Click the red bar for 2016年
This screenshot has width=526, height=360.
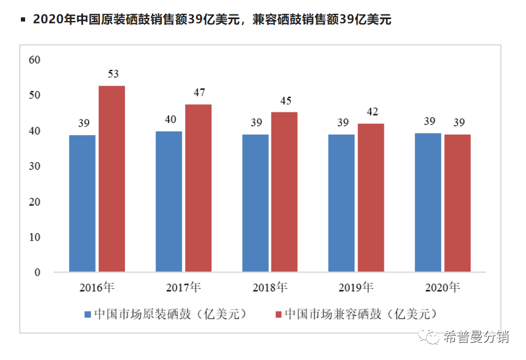click(x=112, y=179)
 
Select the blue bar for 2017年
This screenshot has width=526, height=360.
click(x=169, y=202)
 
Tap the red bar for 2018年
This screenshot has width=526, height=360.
click(x=284, y=192)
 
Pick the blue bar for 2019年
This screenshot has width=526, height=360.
click(x=341, y=203)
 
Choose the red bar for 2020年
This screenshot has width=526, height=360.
click(x=457, y=203)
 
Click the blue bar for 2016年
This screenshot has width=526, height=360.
click(x=82, y=203)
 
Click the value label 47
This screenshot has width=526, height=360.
click(x=199, y=93)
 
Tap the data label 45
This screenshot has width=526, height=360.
click(x=285, y=100)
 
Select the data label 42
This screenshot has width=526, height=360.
click(x=372, y=112)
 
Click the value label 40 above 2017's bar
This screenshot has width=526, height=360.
click(x=170, y=120)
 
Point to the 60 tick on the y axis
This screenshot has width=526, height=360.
click(x=35, y=60)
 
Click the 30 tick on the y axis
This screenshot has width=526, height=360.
click(x=35, y=166)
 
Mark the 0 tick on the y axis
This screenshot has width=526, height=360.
click(x=37, y=273)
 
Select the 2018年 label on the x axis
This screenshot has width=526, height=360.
click(x=270, y=288)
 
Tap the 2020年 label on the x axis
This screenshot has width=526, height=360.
click(x=442, y=288)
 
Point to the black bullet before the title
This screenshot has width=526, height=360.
click(x=23, y=20)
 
